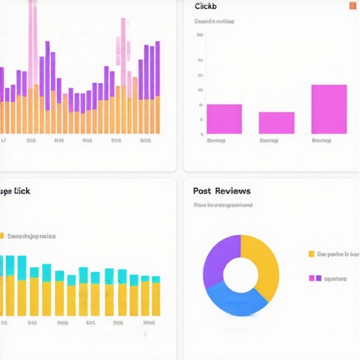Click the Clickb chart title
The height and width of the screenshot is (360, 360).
pyautogui.click(x=205, y=6)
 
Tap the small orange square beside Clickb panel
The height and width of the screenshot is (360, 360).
pyautogui.click(x=352, y=6)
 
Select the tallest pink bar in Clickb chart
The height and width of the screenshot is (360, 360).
pyautogui.click(x=329, y=109)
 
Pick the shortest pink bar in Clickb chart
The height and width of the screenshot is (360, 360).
pyautogui.click(x=276, y=122)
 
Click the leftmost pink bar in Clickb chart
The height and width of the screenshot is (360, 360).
pyautogui.click(x=224, y=119)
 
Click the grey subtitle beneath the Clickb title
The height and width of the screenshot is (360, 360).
pyautogui.click(x=214, y=22)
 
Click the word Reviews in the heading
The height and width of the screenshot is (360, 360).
pyautogui.click(x=233, y=191)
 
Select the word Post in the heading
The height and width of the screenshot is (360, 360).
pyautogui.click(x=202, y=191)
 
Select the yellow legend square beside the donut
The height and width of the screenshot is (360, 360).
pyautogui.click(x=311, y=254)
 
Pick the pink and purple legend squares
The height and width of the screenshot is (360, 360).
pyautogui.click(x=315, y=278)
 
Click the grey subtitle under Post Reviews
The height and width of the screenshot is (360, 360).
pyautogui.click(x=223, y=205)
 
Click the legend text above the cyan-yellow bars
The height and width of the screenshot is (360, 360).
pyautogui.click(x=31, y=236)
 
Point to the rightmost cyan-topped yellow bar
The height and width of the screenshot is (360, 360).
pyautogui.click(x=155, y=295)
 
